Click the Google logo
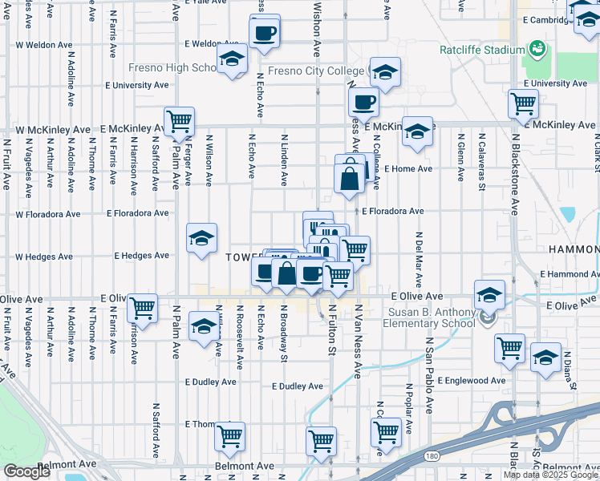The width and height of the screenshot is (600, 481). (x=26, y=471)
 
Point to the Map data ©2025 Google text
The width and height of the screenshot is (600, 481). (x=550, y=475)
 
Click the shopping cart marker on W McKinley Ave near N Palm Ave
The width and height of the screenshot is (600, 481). (x=179, y=122)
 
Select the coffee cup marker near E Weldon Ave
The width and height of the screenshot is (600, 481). (x=264, y=34)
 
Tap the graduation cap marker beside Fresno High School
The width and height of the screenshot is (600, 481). (x=233, y=61)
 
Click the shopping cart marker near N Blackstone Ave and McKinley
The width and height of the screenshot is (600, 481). (x=523, y=103)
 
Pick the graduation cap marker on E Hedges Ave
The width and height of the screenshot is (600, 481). (x=201, y=237)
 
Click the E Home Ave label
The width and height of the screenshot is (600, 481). (x=407, y=169)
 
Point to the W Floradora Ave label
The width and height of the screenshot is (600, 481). (x=48, y=215)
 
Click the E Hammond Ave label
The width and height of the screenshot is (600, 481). (x=569, y=274)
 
